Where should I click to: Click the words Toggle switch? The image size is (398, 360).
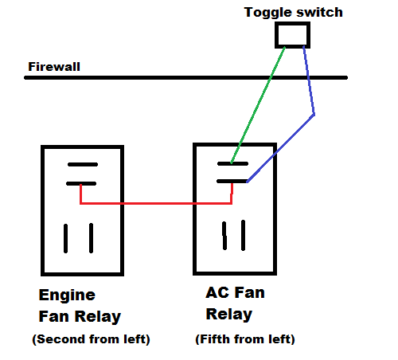point(293,13)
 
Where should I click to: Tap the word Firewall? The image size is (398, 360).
point(54,67)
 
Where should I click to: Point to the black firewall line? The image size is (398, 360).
point(185,77)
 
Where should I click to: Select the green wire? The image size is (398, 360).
point(258,105)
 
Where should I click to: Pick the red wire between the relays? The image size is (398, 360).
point(156,204)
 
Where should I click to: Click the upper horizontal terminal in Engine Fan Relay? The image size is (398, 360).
point(83,165)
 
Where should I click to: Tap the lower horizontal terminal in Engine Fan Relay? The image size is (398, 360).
point(81,183)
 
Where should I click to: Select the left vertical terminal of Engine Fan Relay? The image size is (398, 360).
point(65,238)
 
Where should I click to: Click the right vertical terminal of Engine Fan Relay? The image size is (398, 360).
point(91,238)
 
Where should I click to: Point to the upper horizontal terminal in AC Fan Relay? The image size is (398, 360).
point(232,164)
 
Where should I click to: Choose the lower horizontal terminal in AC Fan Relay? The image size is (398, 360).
point(232,182)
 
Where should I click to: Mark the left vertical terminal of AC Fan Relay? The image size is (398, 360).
point(224,236)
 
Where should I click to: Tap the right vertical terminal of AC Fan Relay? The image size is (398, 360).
point(243,235)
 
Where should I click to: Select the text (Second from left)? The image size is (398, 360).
point(91,339)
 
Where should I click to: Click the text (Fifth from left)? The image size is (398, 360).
point(245,339)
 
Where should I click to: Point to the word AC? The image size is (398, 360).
point(217,292)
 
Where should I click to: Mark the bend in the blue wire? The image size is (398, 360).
point(314,115)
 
